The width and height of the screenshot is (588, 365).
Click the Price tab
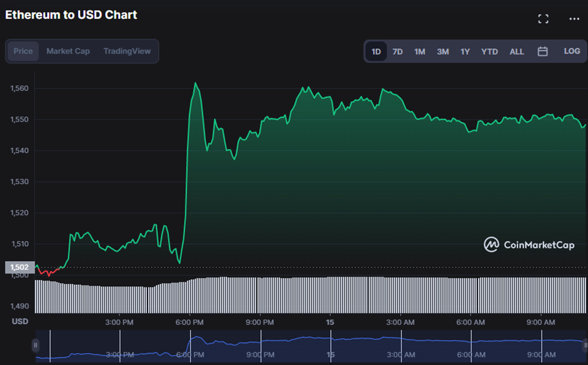pyautogui.click(x=23, y=51)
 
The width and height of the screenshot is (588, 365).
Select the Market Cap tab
pyautogui.click(x=68, y=51)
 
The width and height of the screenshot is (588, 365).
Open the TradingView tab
pyautogui.click(x=127, y=51)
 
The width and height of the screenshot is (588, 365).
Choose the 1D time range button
pyautogui.click(x=376, y=51)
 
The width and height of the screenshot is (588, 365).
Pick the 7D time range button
pyautogui.click(x=397, y=51)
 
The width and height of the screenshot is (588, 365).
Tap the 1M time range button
pyautogui.click(x=420, y=51)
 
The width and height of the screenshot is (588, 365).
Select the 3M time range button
pyautogui.click(x=443, y=51)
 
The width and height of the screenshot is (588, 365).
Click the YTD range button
pyautogui.click(x=489, y=51)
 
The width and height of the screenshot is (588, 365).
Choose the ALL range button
pyautogui.click(x=517, y=51)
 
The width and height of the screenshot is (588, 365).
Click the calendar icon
pyautogui.click(x=542, y=51)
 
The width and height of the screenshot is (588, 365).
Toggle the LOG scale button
pyautogui.click(x=572, y=51)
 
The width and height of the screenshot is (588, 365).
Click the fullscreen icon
pyautogui.click(x=543, y=19)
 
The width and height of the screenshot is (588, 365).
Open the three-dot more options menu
pyautogui.click(x=574, y=19)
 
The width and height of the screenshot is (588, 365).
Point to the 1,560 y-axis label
pyautogui.click(x=20, y=88)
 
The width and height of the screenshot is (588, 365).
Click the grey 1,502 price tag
pyautogui.click(x=19, y=267)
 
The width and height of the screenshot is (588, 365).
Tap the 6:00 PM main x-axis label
pyautogui.click(x=190, y=322)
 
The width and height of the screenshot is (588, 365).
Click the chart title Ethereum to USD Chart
pyautogui.click(x=71, y=14)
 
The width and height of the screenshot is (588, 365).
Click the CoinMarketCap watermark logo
pyautogui.click(x=529, y=245)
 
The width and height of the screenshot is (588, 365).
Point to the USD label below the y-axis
pyautogui.click(x=20, y=322)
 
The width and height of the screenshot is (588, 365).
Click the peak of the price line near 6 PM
pyautogui.click(x=195, y=83)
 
